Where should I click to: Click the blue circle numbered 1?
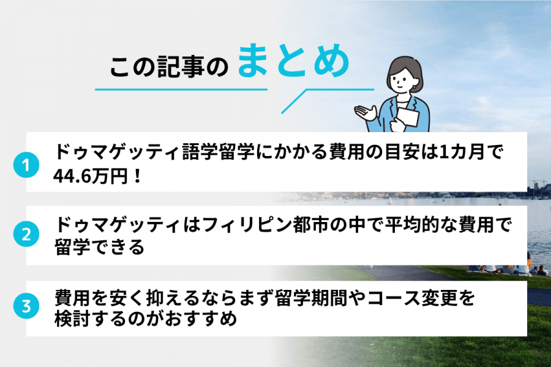pos(25,165)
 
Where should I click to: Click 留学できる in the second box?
pos(99,247)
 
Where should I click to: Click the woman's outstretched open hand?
pos(366,111)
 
